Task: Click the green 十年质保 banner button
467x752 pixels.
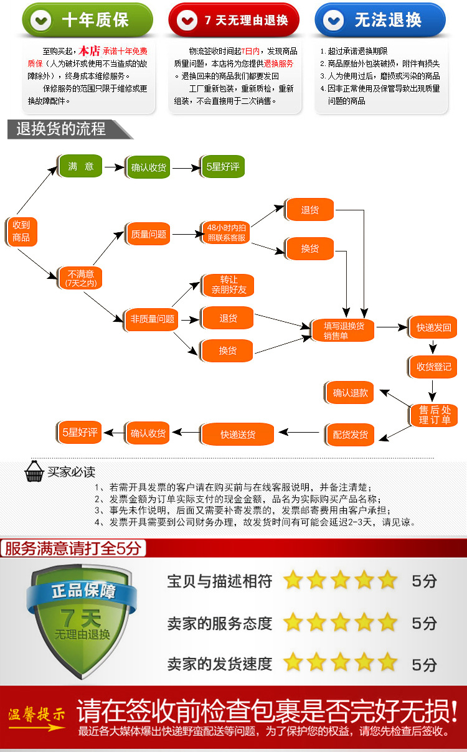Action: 87,21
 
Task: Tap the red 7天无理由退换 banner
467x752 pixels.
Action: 234,21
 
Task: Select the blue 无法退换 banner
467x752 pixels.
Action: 380,21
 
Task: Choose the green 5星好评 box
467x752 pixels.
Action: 222,167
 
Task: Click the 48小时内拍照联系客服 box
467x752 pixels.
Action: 226,233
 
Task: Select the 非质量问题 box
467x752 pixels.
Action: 149,319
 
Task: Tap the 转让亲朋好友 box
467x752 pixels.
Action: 229,285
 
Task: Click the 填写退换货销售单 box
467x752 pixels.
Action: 344,330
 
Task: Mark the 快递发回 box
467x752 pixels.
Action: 433,327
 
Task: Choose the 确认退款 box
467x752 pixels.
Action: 350,393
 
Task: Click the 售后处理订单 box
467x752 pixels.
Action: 434,415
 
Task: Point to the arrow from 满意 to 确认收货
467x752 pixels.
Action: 114,167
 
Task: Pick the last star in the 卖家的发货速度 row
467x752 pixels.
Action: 387,662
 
